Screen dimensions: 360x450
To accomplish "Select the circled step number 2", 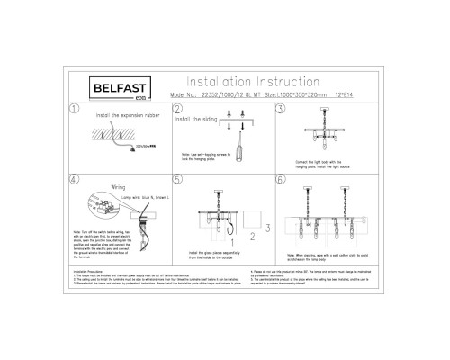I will coord(176,110).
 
